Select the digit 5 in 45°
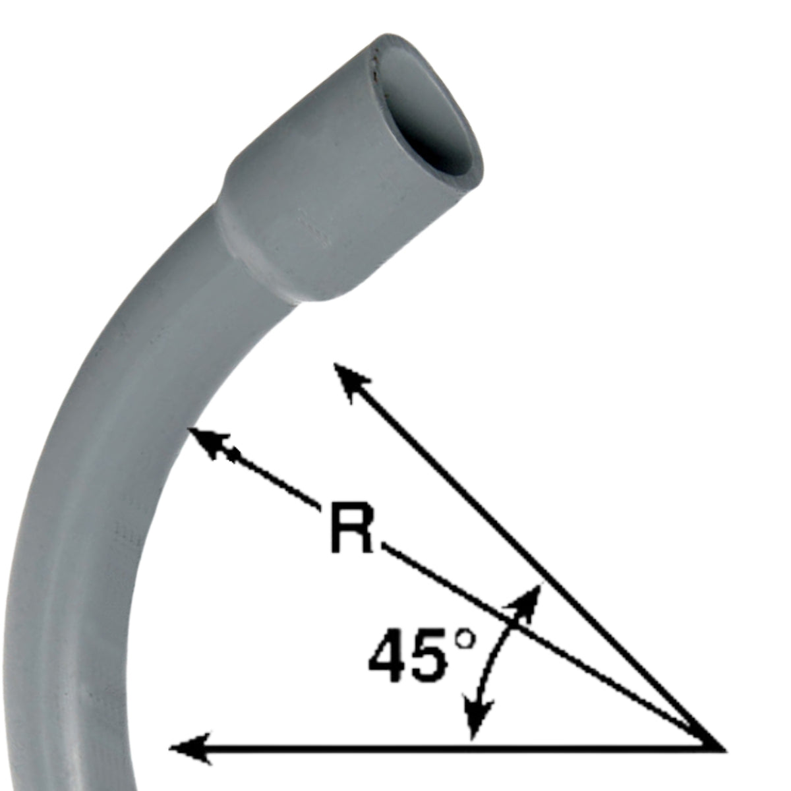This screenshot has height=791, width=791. [x=432, y=656]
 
